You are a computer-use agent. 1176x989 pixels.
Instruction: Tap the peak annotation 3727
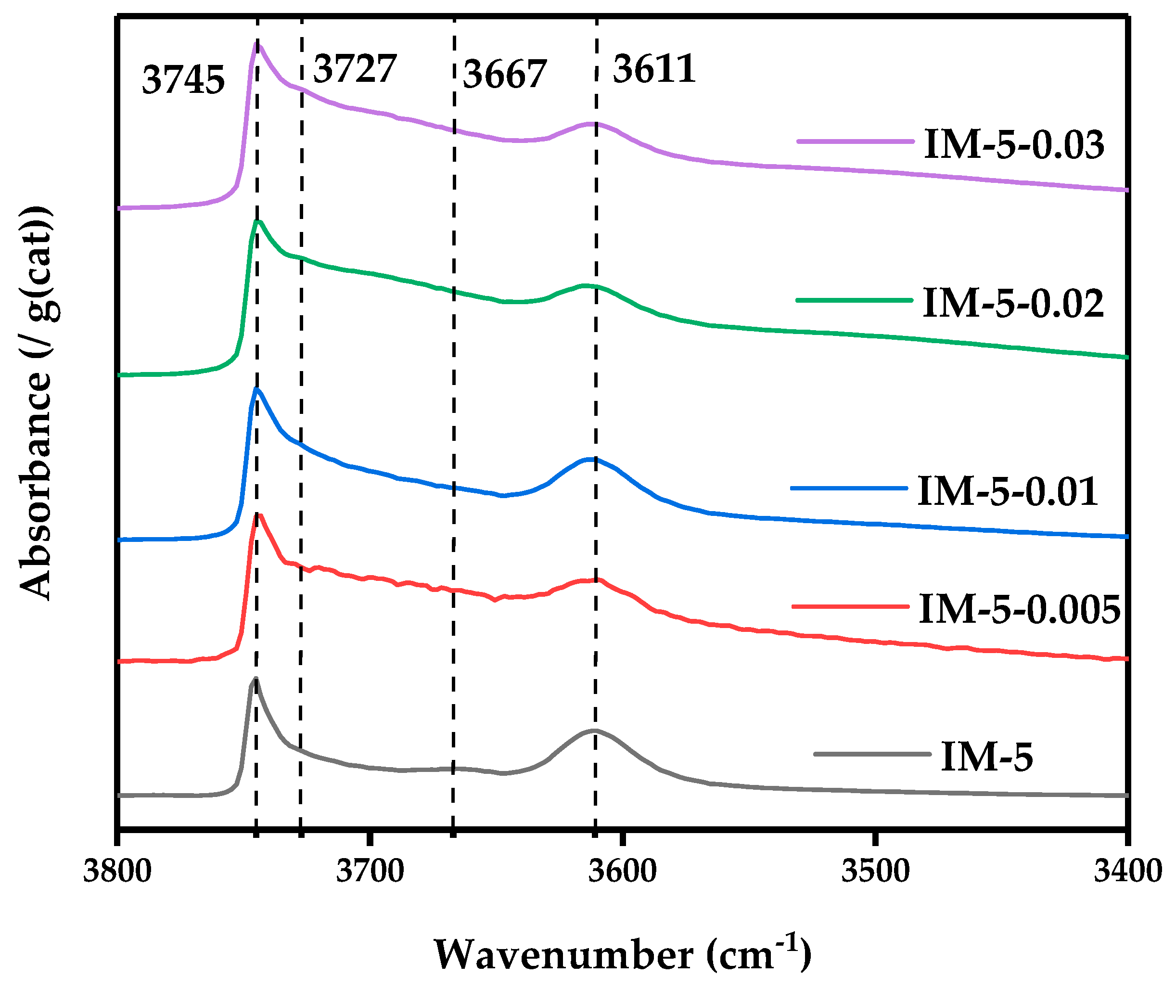tap(355, 69)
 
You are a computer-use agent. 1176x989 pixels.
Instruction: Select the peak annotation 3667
tap(504, 74)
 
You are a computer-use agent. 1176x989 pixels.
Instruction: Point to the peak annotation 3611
tap(654, 69)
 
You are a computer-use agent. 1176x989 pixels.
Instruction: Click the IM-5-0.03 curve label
tap(1013, 145)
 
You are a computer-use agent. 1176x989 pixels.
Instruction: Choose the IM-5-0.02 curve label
tap(1013, 303)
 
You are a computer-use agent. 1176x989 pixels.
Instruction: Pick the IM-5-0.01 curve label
tap(1007, 491)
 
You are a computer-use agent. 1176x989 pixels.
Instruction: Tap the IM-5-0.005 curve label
tap(1020, 609)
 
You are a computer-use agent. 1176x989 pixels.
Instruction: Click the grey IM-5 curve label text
tap(986, 757)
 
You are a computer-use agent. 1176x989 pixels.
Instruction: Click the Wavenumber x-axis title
tap(622, 954)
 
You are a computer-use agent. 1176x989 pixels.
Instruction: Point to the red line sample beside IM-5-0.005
tap(850, 606)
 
